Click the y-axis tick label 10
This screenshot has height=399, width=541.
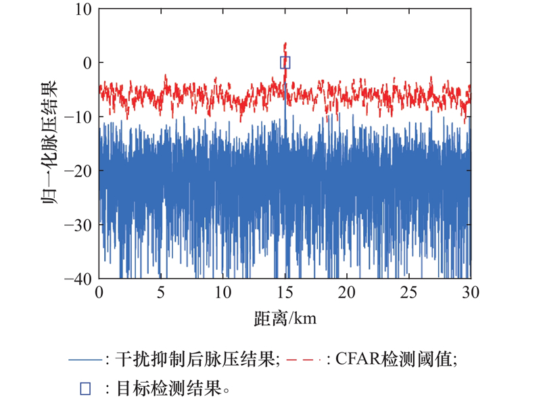83,9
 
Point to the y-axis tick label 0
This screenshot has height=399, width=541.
87,63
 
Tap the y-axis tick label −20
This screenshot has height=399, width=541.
78,170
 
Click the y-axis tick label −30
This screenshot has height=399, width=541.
78,224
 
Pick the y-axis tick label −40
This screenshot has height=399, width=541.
78,277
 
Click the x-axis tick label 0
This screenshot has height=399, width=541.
99,292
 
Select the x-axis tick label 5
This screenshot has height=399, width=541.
161,292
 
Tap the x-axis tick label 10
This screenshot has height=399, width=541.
223,292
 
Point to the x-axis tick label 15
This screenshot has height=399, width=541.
285,292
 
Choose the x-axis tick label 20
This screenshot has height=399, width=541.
347,292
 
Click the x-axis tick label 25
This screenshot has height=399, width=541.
408,292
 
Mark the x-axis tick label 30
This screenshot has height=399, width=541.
471,292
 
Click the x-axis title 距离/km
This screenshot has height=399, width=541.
285,316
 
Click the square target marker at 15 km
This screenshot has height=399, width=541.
285,63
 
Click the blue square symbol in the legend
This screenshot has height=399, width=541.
86,388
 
